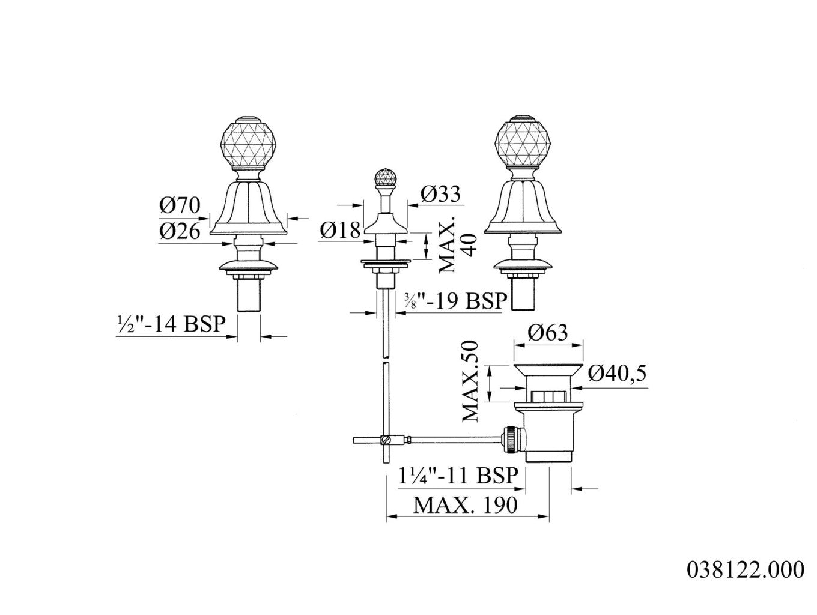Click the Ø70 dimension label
click(180, 205)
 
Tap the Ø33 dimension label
click(440, 193)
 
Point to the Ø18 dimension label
click(340, 230)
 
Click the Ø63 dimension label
click(547, 332)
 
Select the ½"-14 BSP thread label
click(171, 323)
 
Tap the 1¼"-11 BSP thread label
click(458, 475)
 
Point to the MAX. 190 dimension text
click(465, 505)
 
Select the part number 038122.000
click(746, 569)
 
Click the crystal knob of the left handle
click(248, 143)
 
